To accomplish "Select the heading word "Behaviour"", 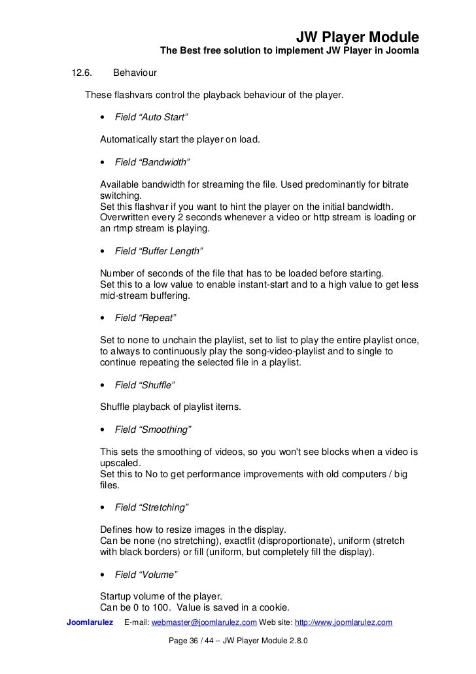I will (135, 72).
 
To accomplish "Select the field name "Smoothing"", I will (153, 430).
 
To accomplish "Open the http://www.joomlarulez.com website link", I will (344, 622).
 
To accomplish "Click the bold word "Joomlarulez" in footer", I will (90, 622).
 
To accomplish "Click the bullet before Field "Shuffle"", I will (104, 386).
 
